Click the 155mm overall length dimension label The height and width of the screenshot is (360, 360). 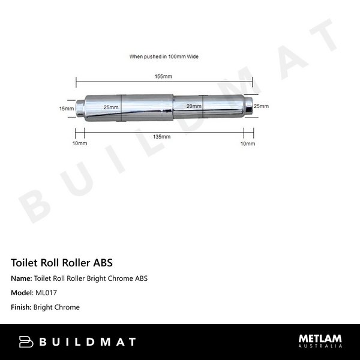[163, 77]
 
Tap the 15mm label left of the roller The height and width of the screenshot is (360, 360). [66, 109]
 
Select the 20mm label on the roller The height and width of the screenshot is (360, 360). [193, 106]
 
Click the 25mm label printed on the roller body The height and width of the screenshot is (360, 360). [110, 107]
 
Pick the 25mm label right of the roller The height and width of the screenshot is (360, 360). [261, 106]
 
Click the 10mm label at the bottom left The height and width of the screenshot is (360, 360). [80, 144]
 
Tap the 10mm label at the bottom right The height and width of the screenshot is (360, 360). [247, 144]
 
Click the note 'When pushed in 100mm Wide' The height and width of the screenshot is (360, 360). [164, 56]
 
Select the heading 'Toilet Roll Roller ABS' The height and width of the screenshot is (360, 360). [62, 263]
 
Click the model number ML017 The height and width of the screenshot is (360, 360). [46, 293]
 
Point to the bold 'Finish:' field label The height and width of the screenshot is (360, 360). [22, 307]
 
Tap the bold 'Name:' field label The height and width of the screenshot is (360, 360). [22, 278]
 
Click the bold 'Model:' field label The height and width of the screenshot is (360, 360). [23, 293]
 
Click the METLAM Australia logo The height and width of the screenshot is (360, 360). [320, 341]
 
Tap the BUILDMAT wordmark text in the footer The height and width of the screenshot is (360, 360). [88, 342]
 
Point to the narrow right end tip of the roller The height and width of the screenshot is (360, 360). [248, 106]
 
